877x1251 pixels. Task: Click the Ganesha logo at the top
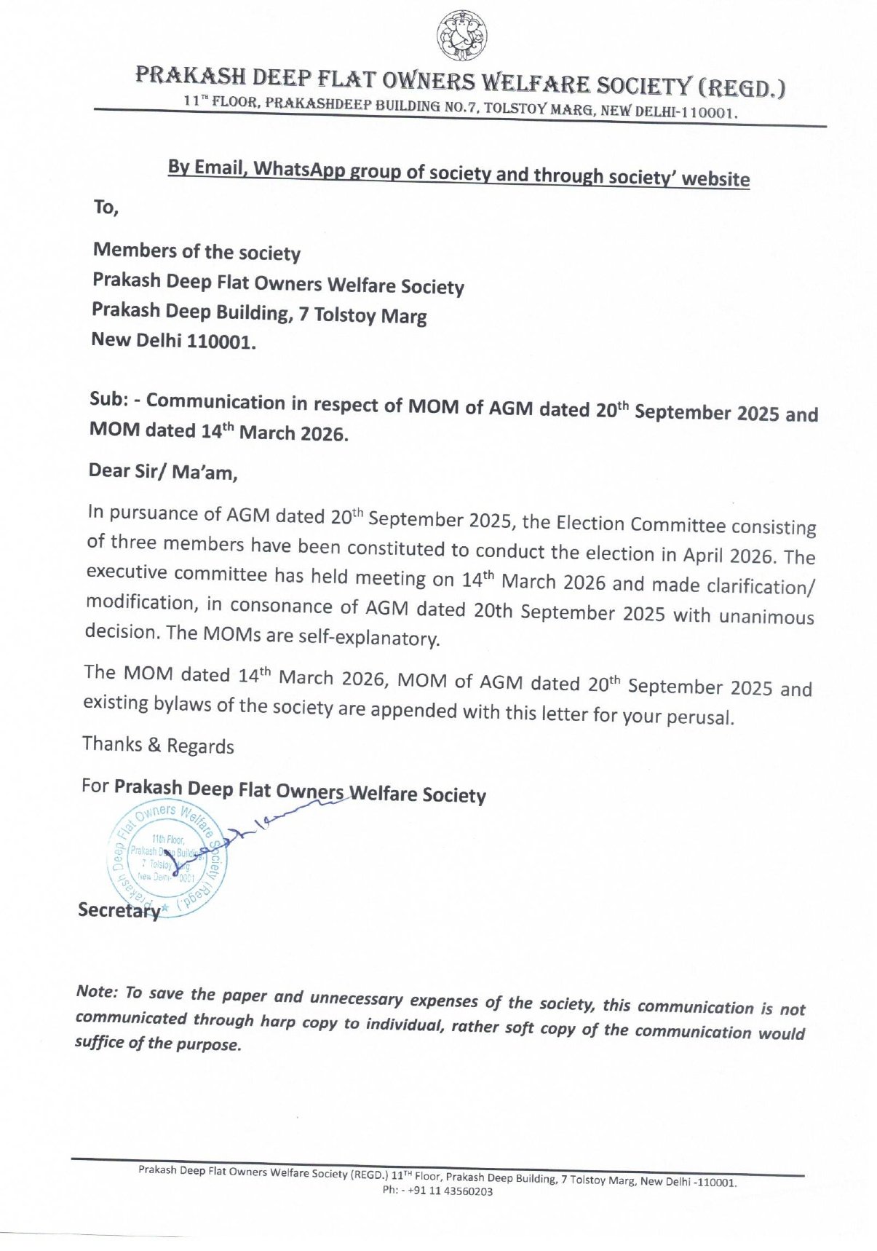tap(462, 36)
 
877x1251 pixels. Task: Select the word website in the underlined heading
tap(715, 178)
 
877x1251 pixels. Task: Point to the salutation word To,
tap(106, 208)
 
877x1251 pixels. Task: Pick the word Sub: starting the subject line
tap(109, 399)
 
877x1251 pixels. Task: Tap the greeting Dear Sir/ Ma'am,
tap(163, 472)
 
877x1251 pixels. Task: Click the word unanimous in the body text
tap(766, 617)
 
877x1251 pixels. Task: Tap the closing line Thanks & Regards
tap(158, 745)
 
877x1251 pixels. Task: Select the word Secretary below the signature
tap(119, 910)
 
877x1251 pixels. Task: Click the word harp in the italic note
tap(277, 1021)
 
